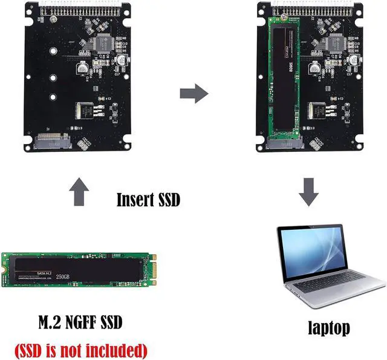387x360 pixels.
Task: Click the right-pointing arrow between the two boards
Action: tap(194, 94)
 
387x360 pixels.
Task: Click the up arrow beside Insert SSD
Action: tap(80, 192)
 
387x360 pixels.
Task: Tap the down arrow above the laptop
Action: tap(310, 192)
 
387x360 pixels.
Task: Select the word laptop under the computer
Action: tap(328, 328)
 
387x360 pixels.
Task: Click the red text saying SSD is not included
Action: tap(80, 349)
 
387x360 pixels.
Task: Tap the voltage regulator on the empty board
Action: tap(84, 112)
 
